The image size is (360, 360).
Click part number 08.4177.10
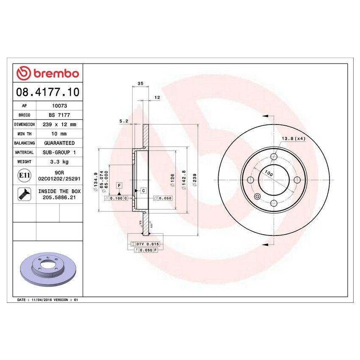(x=47, y=91)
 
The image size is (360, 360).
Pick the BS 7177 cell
(x=59, y=116)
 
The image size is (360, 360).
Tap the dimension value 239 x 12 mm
(x=59, y=125)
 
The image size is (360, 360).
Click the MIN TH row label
(x=24, y=134)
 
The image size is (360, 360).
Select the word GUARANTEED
(x=59, y=144)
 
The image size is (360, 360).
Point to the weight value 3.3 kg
(x=59, y=162)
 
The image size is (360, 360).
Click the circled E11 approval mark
(x=24, y=175)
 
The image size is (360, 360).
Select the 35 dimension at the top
(x=140, y=84)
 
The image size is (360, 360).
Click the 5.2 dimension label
(x=124, y=121)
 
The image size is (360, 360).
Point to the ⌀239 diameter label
(x=195, y=180)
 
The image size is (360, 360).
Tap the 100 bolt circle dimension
(x=268, y=173)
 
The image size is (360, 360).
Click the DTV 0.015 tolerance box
(x=146, y=244)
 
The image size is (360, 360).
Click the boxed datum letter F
(x=119, y=186)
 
